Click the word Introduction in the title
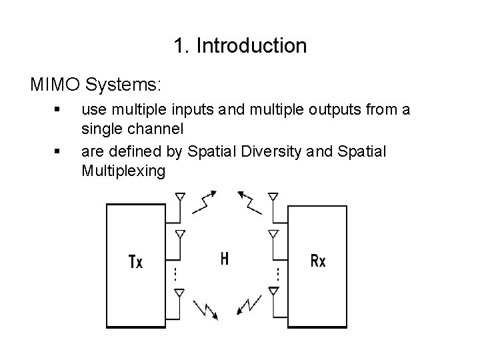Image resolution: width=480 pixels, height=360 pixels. click(x=252, y=46)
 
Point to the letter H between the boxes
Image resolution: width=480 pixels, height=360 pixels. click(x=225, y=258)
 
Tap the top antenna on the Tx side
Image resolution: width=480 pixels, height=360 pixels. click(x=179, y=198)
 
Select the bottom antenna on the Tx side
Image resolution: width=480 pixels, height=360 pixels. click(x=179, y=293)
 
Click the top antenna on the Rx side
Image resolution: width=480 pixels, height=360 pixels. click(x=273, y=198)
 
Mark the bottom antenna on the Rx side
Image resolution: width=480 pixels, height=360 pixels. click(x=273, y=293)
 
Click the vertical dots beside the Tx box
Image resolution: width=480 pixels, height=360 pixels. click(x=173, y=273)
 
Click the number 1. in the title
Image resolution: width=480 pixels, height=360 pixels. click(x=179, y=46)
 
